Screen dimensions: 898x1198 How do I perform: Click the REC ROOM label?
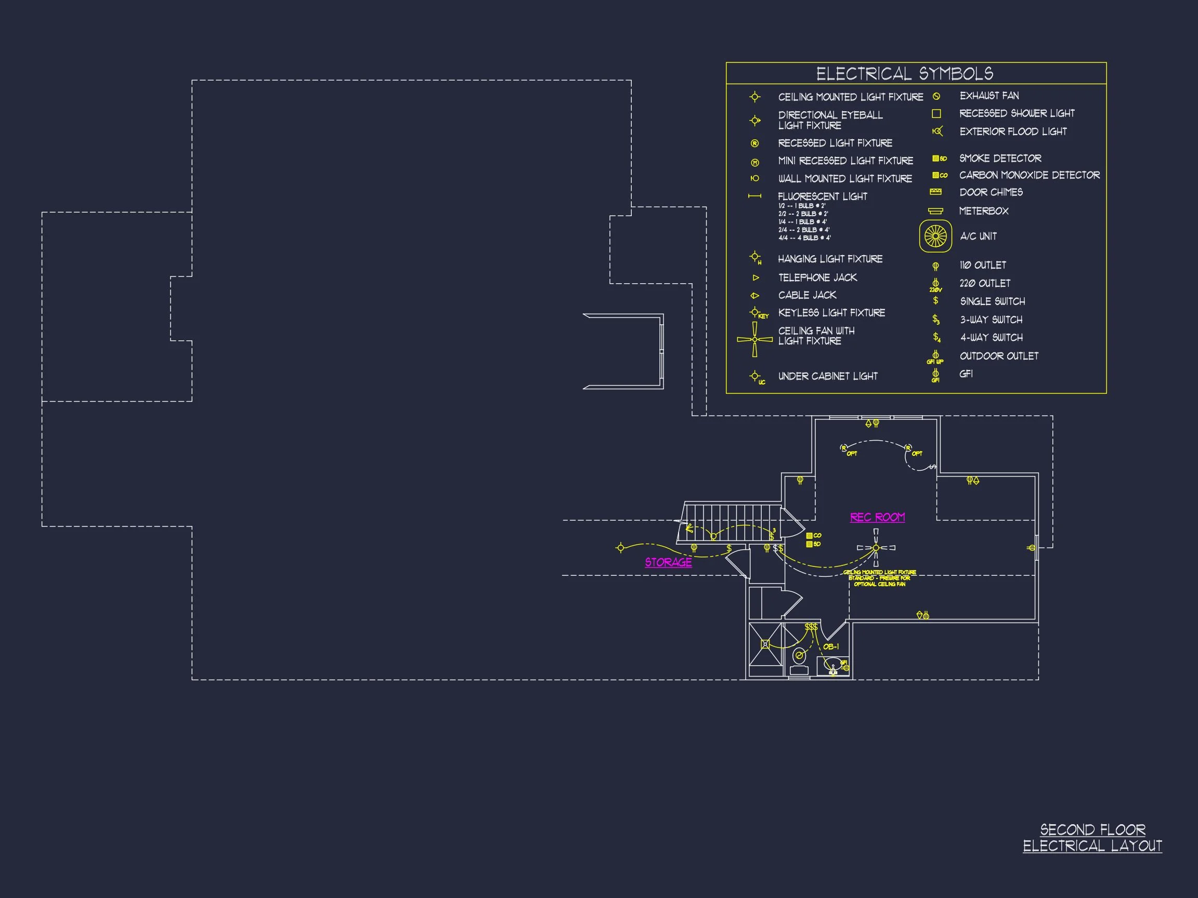pos(877,517)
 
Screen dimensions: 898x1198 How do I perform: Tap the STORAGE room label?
pos(668,562)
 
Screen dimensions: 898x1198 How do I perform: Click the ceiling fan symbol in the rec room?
pos(876,548)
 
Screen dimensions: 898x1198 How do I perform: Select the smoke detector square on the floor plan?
pos(809,544)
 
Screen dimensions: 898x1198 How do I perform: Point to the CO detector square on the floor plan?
pos(809,535)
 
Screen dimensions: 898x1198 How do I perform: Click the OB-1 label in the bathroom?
pos(831,647)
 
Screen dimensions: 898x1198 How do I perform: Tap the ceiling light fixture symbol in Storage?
pos(621,548)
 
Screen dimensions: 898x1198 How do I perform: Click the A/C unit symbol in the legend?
pos(935,236)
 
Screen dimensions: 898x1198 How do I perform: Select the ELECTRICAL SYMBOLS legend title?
pos(904,74)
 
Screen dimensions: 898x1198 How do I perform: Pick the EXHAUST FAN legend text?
pos(989,96)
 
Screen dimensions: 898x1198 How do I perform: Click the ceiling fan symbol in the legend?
pos(754,339)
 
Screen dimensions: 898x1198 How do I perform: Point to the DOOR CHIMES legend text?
pos(991,192)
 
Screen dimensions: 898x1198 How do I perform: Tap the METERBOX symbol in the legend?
pos(935,210)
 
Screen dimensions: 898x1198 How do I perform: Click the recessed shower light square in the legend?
pos(936,114)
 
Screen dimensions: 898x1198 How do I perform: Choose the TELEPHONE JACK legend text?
pos(817,278)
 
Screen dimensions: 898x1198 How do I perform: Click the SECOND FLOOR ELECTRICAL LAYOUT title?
pos(1092,837)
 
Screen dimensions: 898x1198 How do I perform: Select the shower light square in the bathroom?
pos(765,644)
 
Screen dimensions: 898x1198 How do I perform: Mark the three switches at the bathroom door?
pos(811,627)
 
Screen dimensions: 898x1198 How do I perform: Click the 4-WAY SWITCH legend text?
pos(991,337)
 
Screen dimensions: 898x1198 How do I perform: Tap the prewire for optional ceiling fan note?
pos(880,578)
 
